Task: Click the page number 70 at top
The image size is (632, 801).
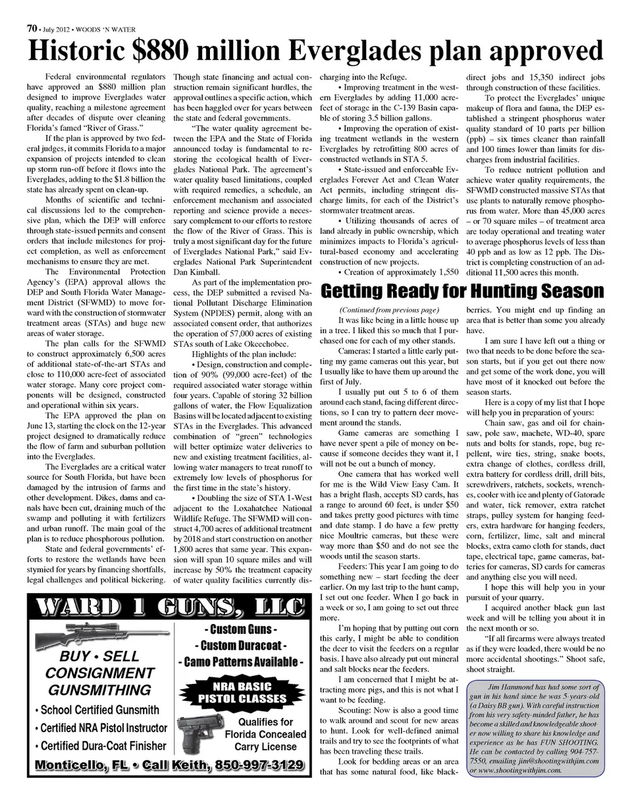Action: tap(31, 28)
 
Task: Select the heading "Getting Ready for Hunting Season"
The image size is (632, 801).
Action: tap(461, 292)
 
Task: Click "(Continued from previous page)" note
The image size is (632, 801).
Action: tap(388, 309)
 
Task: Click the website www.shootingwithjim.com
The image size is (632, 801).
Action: tap(515, 770)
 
